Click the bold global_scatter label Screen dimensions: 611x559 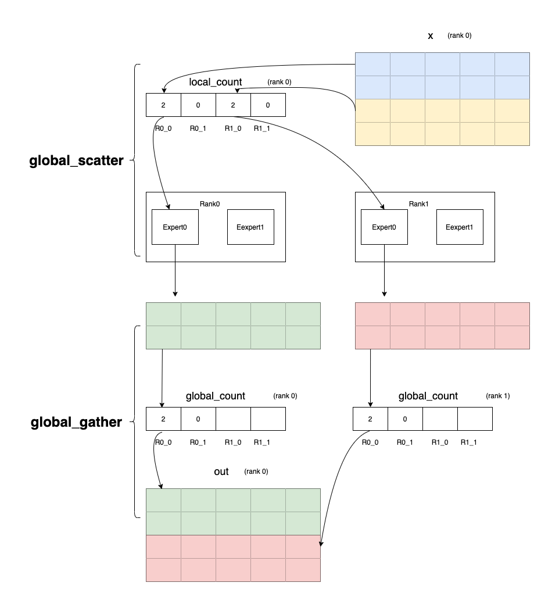pyautogui.click(x=76, y=161)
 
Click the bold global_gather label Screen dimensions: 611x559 pyautogui.click(x=76, y=423)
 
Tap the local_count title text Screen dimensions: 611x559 pyautogui.click(x=216, y=82)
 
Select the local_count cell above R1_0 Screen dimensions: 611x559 pyautogui.click(x=233, y=105)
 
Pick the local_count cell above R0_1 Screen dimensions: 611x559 pyautogui.click(x=198, y=105)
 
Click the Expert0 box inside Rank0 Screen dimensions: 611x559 pyautogui.click(x=175, y=227)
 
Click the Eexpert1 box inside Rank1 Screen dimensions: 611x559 pyautogui.click(x=460, y=227)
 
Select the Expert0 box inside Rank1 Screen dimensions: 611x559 pyautogui.click(x=384, y=227)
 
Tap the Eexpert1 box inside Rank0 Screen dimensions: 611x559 pyautogui.click(x=250, y=227)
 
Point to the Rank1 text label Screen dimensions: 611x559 pyautogui.click(x=418, y=204)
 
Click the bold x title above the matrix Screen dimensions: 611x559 pyautogui.click(x=431, y=36)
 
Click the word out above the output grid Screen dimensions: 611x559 pyautogui.click(x=221, y=471)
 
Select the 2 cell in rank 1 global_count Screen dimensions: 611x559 pyautogui.click(x=370, y=419)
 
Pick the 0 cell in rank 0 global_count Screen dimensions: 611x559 pyautogui.click(x=198, y=419)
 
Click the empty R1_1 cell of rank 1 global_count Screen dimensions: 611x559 pyautogui.click(x=475, y=419)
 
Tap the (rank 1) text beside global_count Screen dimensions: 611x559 pyautogui.click(x=497, y=396)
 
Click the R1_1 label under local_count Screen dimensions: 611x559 pyautogui.click(x=262, y=128)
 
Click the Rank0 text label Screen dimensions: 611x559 pyautogui.click(x=209, y=204)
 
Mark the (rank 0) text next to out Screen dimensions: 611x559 pyautogui.click(x=256, y=471)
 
